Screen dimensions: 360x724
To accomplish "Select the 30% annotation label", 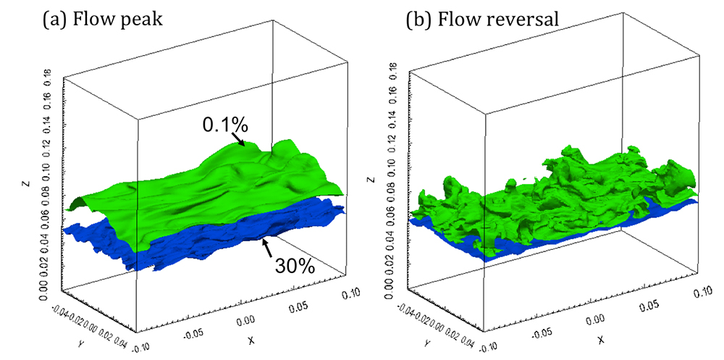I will click(295, 267).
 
